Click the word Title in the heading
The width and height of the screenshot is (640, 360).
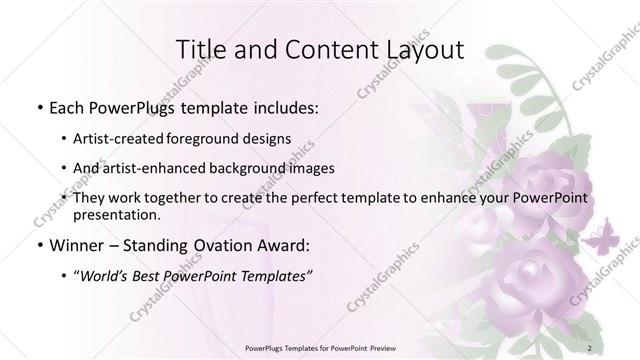202,51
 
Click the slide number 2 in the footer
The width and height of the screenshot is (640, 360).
591,348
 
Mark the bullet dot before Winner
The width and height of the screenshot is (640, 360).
39,245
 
